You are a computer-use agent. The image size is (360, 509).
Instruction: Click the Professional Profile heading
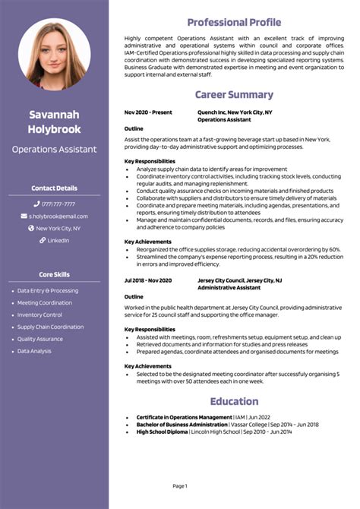point(234,22)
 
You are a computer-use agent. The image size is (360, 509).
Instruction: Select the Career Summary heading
point(234,95)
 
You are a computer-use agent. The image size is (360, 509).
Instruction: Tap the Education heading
point(234,401)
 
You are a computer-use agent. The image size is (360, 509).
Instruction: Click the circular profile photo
point(54,54)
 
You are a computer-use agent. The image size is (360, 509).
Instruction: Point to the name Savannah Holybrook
point(54,122)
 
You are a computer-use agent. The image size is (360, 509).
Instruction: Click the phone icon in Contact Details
point(36,204)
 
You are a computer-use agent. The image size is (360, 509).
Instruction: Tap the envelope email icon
point(24,216)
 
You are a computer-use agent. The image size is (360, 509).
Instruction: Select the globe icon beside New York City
point(31,228)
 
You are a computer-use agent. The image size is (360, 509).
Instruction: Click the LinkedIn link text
point(58,240)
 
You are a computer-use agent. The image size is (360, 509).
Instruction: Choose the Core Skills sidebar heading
point(54,274)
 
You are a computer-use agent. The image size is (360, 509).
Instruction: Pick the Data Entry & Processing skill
point(47,290)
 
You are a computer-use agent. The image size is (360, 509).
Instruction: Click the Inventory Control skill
point(39,315)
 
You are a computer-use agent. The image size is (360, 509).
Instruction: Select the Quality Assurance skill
point(40,339)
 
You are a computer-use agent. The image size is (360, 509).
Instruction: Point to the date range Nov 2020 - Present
point(148,112)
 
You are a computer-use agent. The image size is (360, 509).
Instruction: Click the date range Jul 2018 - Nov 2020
point(148,280)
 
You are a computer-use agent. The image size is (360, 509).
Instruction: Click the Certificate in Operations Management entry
point(184,417)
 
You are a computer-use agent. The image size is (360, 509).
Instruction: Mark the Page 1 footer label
point(180,485)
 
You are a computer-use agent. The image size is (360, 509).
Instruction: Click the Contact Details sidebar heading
point(54,188)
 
